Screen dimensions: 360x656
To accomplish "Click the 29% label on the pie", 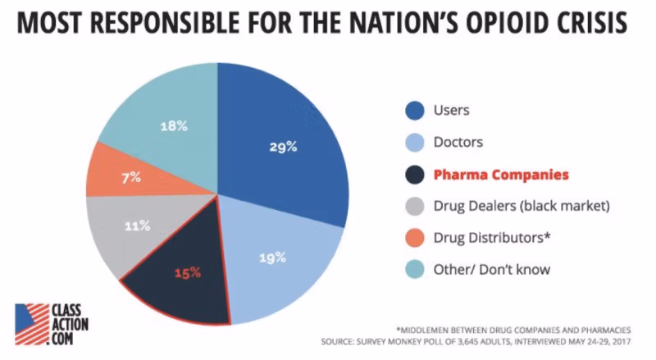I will point(282,148).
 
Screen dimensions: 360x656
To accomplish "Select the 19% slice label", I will point(273,257).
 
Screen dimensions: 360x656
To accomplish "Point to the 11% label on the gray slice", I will point(137,226).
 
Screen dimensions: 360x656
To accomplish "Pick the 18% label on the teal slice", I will point(174,126).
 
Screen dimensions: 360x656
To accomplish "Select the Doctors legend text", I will point(459,142).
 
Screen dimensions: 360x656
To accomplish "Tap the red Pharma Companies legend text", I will point(500,175).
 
